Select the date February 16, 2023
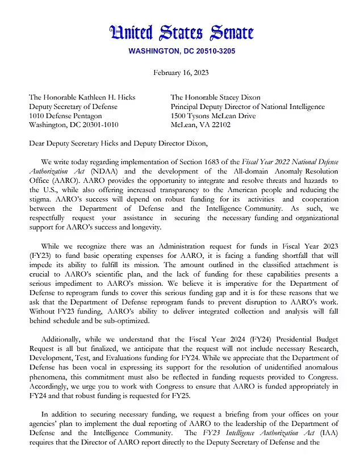tap(180, 73)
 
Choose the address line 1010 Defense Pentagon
tap(65, 116)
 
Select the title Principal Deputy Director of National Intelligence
tap(248, 107)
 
